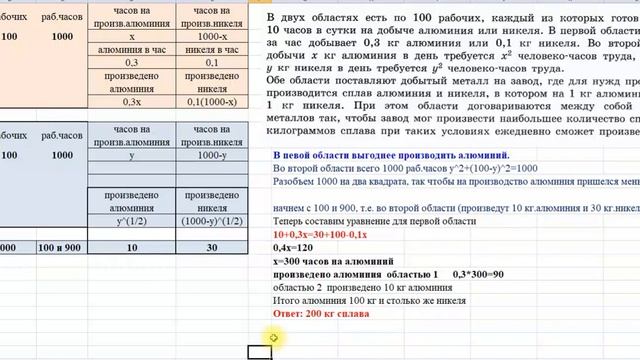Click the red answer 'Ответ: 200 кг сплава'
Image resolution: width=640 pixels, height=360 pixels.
coord(320,314)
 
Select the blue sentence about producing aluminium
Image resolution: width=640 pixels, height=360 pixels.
coord(391,156)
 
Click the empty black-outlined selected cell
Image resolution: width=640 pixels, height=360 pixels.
coord(260,351)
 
